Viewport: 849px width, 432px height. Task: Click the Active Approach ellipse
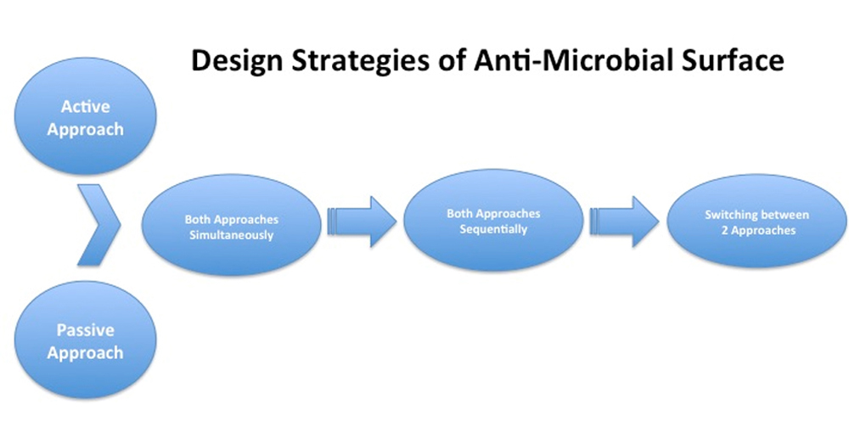[85, 116]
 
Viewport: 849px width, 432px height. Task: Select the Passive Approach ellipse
[85, 340]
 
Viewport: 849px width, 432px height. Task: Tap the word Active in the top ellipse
[85, 106]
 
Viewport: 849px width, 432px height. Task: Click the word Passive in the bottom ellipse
[85, 329]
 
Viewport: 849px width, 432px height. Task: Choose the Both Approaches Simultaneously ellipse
[231, 225]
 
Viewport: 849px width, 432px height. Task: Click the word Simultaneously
[231, 235]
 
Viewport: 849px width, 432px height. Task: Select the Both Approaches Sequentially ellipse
[493, 220]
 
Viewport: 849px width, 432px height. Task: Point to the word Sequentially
[493, 229]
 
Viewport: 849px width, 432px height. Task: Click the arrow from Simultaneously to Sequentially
[362, 222]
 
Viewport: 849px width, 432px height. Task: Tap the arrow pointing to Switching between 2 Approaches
[624, 222]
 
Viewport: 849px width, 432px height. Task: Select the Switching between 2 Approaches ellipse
[756, 222]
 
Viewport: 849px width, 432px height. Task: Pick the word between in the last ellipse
[785, 215]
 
